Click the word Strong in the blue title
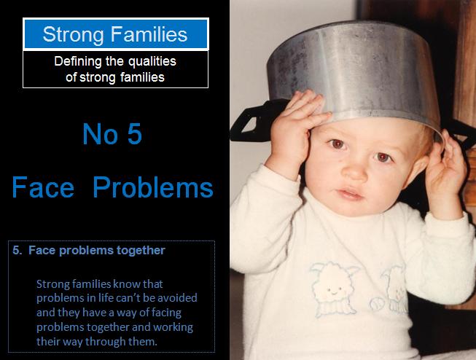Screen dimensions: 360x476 (x=71, y=34)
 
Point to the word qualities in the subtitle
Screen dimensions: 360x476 (x=150, y=61)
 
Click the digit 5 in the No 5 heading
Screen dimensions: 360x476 (x=133, y=135)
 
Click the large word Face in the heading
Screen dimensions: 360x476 (x=43, y=187)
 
